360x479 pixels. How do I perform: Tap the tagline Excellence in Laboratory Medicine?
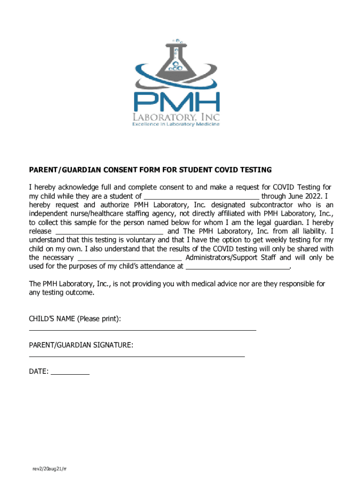click(x=175, y=124)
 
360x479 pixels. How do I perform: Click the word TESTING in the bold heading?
click(x=255, y=169)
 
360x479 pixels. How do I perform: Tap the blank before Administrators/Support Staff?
click(x=130, y=258)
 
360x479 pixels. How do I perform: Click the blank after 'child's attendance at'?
click(x=238, y=267)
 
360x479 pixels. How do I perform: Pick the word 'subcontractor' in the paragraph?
click(x=273, y=205)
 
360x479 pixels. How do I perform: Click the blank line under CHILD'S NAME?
click(x=143, y=330)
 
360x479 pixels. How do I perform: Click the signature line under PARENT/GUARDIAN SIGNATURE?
click(x=137, y=356)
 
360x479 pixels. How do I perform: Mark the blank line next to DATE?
click(x=70, y=374)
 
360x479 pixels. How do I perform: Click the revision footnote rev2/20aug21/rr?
click(x=49, y=469)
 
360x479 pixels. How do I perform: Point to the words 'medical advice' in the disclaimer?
click(x=225, y=284)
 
